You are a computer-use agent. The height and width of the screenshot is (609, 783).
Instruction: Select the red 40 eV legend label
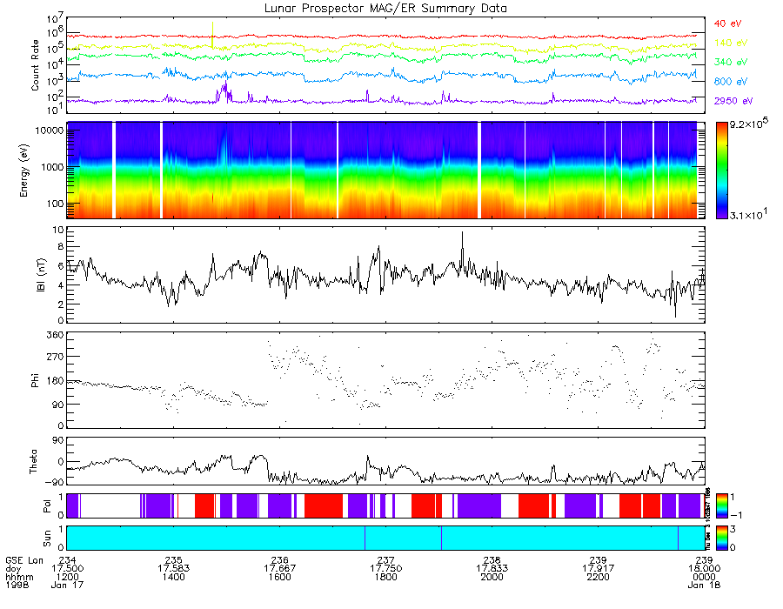click(728, 23)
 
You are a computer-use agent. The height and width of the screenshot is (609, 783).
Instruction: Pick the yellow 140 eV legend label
click(730, 43)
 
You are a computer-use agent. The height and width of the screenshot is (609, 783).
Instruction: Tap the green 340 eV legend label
click(730, 63)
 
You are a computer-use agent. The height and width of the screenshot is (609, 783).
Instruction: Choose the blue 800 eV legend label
click(730, 82)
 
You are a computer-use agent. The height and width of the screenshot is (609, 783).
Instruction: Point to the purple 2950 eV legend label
click(733, 101)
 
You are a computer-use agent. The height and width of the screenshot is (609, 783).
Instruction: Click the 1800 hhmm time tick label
click(385, 577)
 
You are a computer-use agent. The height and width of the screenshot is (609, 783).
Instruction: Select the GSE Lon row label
click(22, 559)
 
